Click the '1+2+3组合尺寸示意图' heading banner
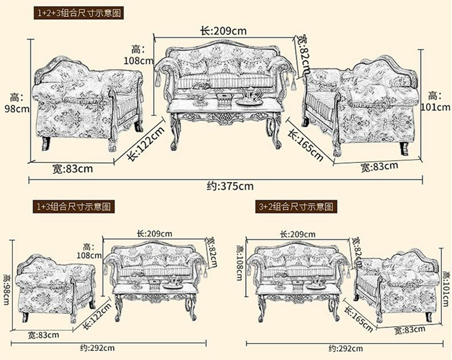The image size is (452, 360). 79,13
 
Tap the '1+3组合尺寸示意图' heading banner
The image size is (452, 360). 73,207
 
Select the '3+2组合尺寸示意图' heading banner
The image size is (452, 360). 296,207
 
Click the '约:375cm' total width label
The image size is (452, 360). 230,186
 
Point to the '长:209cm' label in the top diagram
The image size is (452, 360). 223,31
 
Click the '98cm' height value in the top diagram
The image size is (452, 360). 17,109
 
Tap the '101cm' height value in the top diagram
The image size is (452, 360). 435,107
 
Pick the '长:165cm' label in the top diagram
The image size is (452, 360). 306,145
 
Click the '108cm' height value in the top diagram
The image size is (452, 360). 138,61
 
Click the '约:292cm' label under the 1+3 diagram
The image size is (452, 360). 97,348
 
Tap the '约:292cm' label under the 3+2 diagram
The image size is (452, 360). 346,349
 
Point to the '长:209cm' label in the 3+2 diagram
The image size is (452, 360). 298,234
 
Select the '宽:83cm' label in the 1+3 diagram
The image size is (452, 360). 44,335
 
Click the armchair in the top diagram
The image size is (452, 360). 88,104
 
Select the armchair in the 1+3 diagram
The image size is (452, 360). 55,288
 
